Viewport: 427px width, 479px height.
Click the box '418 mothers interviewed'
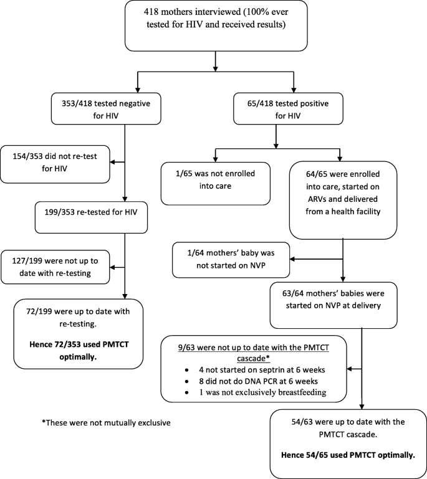[214, 26]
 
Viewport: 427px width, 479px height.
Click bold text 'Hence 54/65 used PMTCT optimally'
[347, 454]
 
